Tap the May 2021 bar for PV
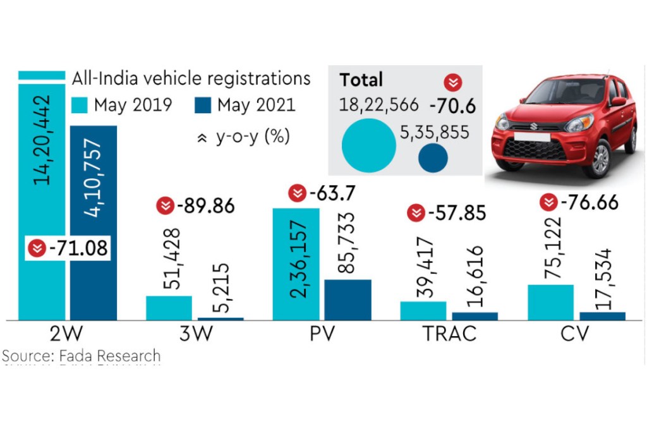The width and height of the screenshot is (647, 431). (348, 300)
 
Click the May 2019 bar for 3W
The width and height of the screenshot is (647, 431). (169, 307)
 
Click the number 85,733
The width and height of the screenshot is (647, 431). (348, 246)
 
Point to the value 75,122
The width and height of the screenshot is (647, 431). (552, 249)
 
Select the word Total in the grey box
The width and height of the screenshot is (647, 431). (361, 80)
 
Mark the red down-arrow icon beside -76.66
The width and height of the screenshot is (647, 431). (550, 203)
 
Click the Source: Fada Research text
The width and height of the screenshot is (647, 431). (81, 356)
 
